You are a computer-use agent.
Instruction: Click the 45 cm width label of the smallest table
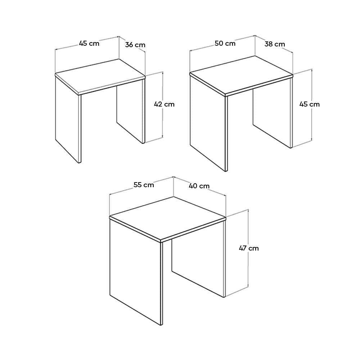pyautogui.click(x=89, y=43)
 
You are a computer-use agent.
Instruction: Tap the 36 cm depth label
pyautogui.click(x=135, y=45)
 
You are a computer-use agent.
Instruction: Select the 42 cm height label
pyautogui.click(x=164, y=104)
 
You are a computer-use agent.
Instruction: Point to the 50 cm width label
pyautogui.click(x=225, y=43)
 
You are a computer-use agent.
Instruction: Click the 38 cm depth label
pyautogui.click(x=275, y=44)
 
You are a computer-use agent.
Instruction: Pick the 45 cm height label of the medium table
pyautogui.click(x=309, y=104)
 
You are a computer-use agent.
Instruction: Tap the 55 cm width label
pyautogui.click(x=144, y=185)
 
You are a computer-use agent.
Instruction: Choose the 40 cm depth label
pyautogui.click(x=199, y=186)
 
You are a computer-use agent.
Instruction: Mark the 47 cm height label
pyautogui.click(x=249, y=248)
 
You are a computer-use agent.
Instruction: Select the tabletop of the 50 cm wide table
pyautogui.click(x=241, y=76)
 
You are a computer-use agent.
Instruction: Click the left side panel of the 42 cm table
pyautogui.click(x=68, y=120)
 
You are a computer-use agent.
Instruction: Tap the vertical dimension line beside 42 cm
pyautogui.click(x=163, y=105)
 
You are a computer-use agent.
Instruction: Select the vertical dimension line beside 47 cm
pyautogui.click(x=248, y=248)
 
